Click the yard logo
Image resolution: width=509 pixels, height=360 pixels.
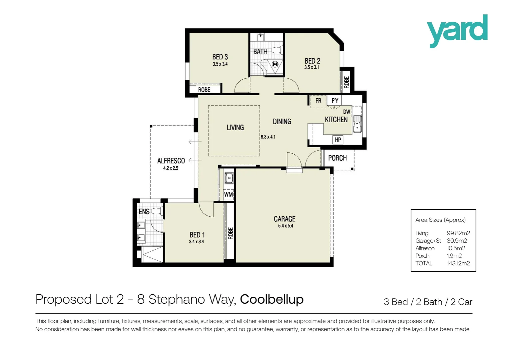pos(457,31)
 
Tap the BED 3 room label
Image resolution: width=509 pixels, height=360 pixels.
pos(220,57)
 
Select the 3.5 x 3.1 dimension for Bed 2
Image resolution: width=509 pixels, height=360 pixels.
pos(311,67)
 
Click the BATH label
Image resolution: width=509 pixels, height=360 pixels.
pos(260,52)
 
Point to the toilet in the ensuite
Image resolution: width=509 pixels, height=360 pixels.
pos(157,211)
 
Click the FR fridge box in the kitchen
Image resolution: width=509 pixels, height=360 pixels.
pos(318,101)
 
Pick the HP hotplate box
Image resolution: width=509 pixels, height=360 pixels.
pos(338,140)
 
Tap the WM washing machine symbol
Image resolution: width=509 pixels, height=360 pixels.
pos(229,194)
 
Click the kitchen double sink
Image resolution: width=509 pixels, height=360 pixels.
pos(357,124)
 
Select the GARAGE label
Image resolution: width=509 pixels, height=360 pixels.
pos(284,219)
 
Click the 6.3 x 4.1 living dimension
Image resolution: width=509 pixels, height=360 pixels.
pos(268,137)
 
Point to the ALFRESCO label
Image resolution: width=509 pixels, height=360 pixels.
pos(171,161)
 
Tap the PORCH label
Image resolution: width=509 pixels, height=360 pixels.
pos(337,158)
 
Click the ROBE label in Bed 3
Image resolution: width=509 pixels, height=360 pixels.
pos(204,90)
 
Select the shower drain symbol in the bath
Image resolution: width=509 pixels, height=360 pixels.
pos(275,64)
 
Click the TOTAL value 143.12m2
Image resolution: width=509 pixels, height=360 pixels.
pos(458,263)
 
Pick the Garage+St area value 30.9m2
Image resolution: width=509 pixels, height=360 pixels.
pos(457,241)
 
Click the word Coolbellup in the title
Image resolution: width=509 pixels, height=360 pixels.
pos(271,299)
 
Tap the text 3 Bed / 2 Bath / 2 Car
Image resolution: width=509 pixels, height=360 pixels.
pos(428,302)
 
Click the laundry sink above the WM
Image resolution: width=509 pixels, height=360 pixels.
pos(229,178)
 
